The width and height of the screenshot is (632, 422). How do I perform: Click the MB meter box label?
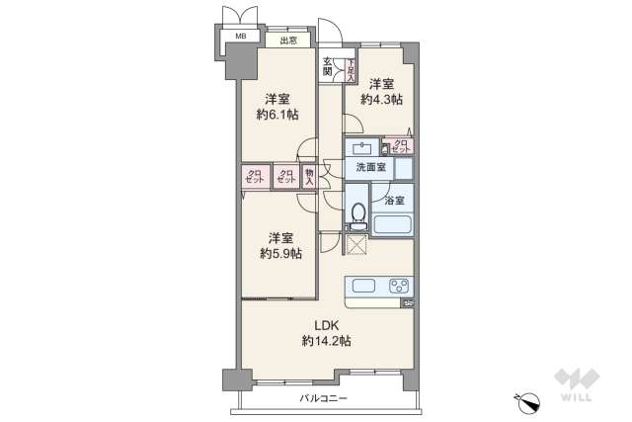click(x=240, y=38)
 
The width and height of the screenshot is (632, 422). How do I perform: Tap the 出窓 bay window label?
click(x=287, y=42)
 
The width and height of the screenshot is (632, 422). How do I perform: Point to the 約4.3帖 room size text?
click(x=382, y=100)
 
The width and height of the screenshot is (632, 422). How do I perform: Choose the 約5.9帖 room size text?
click(x=280, y=253)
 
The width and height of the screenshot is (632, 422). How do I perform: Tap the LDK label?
click(x=327, y=326)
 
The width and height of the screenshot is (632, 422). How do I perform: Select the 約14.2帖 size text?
click(x=327, y=341)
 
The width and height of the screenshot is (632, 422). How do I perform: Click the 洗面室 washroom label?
click(x=370, y=167)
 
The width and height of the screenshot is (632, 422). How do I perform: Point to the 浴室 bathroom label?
click(x=393, y=201)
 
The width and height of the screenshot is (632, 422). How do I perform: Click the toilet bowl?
click(x=357, y=215)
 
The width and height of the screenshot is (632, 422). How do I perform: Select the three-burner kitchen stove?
click(x=399, y=288)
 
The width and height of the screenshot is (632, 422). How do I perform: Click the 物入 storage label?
click(x=309, y=176)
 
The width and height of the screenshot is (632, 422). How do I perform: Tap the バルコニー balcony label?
click(x=324, y=398)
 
